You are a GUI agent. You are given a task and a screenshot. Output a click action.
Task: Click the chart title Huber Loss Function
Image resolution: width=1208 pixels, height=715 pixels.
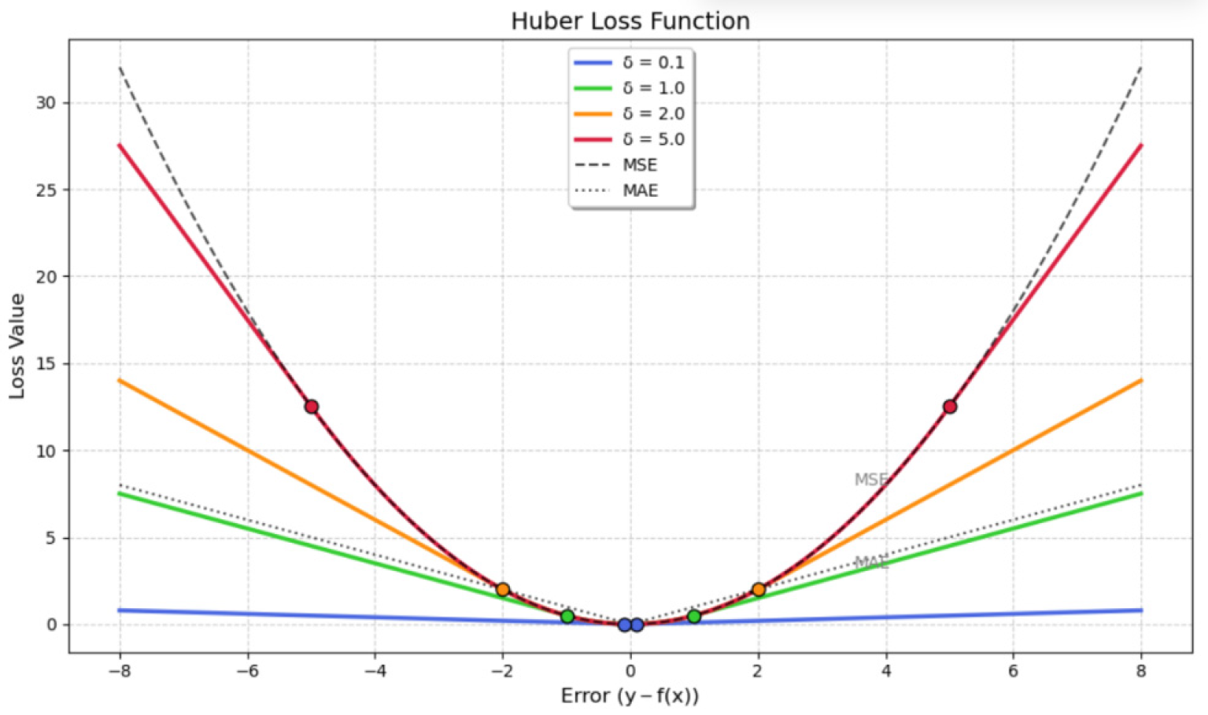point(630,21)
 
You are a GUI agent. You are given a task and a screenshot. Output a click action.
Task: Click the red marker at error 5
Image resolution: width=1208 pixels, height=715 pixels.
point(950,407)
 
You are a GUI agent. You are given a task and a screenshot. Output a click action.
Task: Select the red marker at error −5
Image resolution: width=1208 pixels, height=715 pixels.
point(312,407)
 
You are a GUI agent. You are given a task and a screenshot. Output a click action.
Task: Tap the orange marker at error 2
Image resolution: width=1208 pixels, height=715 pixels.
point(759,590)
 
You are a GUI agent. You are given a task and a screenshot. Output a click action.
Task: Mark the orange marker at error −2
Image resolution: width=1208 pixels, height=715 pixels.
point(503,590)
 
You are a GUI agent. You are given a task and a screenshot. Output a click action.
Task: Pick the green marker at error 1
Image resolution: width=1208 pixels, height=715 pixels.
point(694,617)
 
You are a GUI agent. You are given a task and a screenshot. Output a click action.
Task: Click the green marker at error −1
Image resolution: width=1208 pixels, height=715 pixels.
point(567,617)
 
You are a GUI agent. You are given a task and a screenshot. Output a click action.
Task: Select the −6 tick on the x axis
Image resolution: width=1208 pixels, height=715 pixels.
point(247,671)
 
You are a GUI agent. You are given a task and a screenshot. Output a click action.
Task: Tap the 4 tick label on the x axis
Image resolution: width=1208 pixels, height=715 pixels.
point(886,671)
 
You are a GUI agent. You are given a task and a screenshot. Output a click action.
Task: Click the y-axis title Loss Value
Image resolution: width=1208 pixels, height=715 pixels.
point(17,346)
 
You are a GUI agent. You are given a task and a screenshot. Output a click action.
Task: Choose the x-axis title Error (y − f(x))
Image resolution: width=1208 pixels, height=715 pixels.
point(630,696)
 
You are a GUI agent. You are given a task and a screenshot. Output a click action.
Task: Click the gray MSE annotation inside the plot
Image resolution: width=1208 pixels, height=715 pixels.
point(871,480)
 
